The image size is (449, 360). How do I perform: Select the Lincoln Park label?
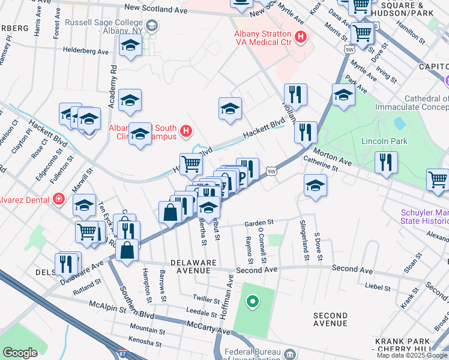pyautogui.click(x=384, y=142)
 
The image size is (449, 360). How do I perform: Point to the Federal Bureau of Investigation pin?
pyautogui.click(x=291, y=353)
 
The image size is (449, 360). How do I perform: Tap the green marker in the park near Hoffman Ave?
pyautogui.click(x=253, y=301)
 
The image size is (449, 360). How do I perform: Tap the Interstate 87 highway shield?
pyautogui.click(x=123, y=355)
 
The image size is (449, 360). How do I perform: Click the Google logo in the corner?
pyautogui.click(x=20, y=353)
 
